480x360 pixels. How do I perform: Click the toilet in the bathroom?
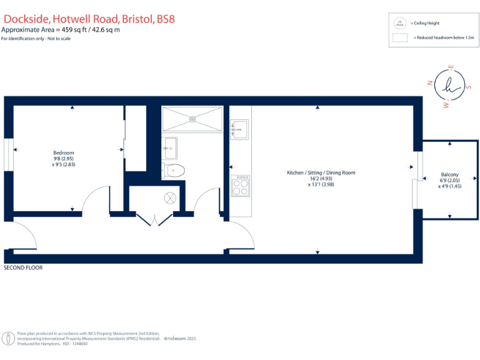(174, 169)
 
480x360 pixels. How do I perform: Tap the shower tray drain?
(192, 119)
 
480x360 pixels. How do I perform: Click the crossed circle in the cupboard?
(171, 199)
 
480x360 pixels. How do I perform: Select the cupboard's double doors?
(154, 219)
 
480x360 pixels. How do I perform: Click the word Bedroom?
(63, 153)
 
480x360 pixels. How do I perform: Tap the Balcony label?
(449, 174)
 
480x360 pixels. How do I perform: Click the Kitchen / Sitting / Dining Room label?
(321, 172)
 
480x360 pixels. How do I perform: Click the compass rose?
(450, 88)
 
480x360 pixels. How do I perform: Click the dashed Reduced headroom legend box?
(399, 37)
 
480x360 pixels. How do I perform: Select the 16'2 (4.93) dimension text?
(321, 179)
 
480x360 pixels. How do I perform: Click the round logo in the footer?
(8, 338)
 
